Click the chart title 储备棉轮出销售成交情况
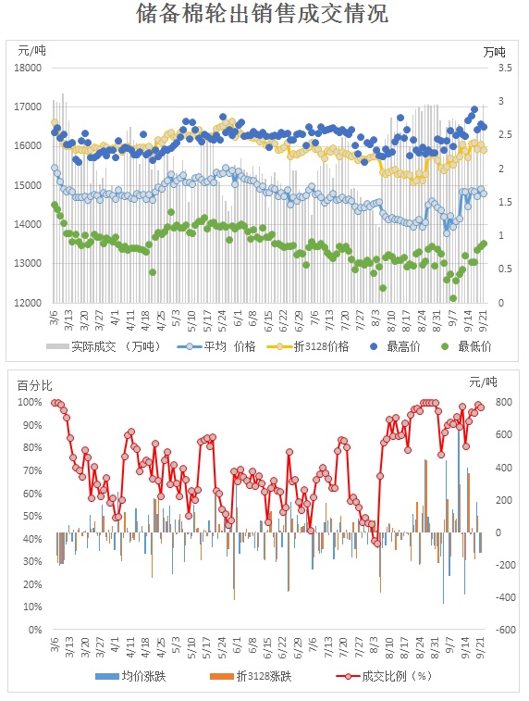click(263, 13)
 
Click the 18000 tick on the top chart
click(28, 68)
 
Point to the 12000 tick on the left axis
click(28, 303)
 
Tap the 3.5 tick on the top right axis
click(505, 68)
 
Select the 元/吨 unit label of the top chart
click(31, 51)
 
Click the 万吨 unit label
click(494, 52)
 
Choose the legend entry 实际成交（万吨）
click(104, 346)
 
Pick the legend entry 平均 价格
click(216, 346)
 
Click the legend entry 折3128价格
click(308, 346)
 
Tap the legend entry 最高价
click(396, 346)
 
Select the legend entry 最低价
click(466, 346)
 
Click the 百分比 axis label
click(35, 385)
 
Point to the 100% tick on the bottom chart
click(30, 403)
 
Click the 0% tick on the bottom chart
click(35, 630)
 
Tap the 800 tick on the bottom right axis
click(504, 403)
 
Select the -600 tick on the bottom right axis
click(505, 630)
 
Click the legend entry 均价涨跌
click(130, 676)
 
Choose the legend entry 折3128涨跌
click(251, 676)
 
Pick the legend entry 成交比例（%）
click(385, 676)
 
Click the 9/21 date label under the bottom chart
click(483, 647)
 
